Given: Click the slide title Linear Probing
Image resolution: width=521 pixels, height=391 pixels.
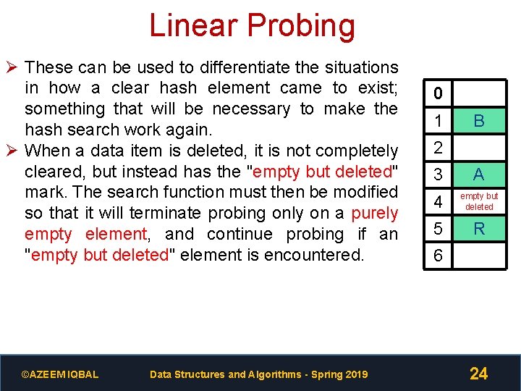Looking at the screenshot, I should pos(252,26).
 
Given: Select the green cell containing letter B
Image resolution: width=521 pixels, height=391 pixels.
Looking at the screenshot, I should pos(479,121).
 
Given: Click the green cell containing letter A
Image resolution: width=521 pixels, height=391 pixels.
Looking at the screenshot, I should pos(479,175).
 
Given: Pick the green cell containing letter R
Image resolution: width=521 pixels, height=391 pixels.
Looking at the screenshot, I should pos(479,230).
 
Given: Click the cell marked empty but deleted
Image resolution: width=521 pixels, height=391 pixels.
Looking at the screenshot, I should pos(479,202).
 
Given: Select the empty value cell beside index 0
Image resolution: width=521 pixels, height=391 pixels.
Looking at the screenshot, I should pos(479,94).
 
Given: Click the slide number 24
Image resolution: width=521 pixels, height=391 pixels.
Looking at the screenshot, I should pos(478,374).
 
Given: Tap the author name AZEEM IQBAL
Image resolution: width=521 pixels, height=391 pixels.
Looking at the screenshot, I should pos(60,374).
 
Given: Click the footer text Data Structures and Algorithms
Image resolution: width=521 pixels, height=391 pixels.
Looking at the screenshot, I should pos(258,374).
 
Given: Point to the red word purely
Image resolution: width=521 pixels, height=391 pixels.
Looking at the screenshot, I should pos(374,214).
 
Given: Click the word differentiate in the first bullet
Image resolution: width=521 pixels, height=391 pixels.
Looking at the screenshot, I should pos(253,67).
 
